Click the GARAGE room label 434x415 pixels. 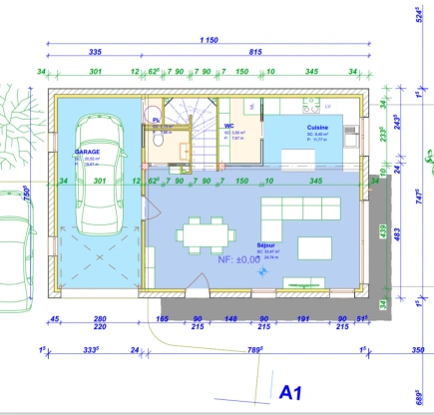[x=92, y=152]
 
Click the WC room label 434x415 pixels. [x=229, y=127]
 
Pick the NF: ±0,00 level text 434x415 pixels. [x=238, y=259]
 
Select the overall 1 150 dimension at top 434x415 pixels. [x=208, y=40]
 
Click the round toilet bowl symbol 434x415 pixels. [x=158, y=140]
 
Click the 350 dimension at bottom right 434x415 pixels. [x=418, y=350]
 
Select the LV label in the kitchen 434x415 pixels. [x=328, y=104]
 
